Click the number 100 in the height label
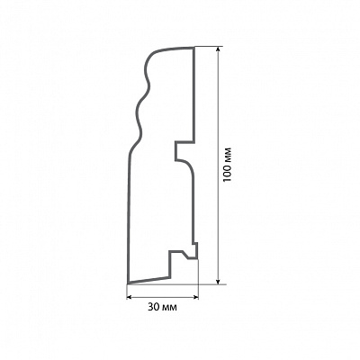(227, 173)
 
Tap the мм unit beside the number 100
(228, 155)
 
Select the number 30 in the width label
(152, 307)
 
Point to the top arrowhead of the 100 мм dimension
(218, 50)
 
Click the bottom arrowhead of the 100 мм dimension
(218, 280)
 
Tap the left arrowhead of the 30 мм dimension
(130, 297)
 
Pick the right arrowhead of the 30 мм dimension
(196, 297)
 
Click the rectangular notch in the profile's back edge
(184, 150)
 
